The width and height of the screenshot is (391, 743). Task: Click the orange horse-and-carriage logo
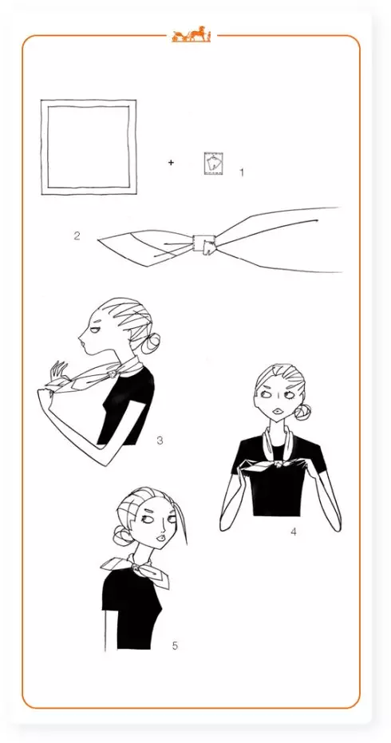(x=191, y=34)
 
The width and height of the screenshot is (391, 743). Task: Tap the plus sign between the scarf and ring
(x=171, y=163)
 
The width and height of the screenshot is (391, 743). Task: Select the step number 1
(x=242, y=172)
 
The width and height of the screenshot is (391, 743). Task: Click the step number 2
(x=77, y=235)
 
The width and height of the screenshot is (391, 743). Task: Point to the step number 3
(x=160, y=441)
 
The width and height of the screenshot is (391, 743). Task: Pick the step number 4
(x=294, y=532)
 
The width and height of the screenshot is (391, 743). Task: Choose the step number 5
(x=175, y=646)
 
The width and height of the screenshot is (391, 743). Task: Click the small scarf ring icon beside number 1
(x=213, y=163)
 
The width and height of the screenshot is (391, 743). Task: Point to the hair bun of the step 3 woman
(x=150, y=342)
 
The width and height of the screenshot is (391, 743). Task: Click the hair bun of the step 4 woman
(x=302, y=411)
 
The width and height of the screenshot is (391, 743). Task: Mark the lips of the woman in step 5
(x=162, y=538)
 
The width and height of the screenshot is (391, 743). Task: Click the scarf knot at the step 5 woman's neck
(x=137, y=567)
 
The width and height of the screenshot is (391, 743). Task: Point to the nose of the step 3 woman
(x=81, y=337)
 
